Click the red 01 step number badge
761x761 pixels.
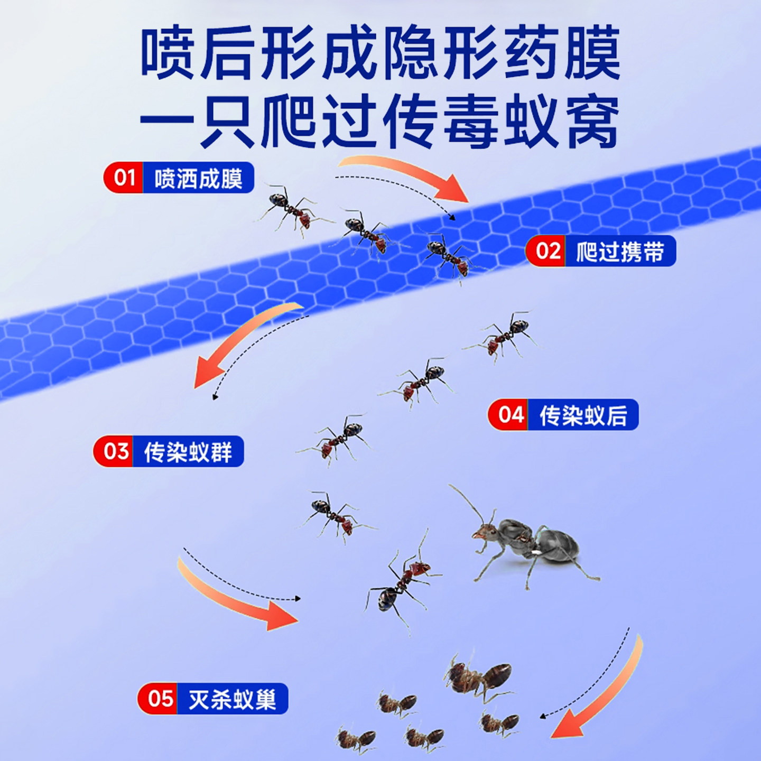pyautogui.click(x=124, y=178)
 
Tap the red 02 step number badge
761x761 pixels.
pyautogui.click(x=547, y=251)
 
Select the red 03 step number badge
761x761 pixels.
pyautogui.click(x=115, y=451)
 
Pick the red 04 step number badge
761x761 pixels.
pyautogui.click(x=509, y=415)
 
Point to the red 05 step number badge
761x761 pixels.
pyautogui.click(x=159, y=699)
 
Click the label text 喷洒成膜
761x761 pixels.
pyautogui.click(x=198, y=179)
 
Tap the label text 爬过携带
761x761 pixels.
pyautogui.click(x=620, y=252)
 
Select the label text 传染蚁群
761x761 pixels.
pyautogui.click(x=188, y=452)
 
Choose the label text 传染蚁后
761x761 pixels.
pyautogui.click(x=583, y=415)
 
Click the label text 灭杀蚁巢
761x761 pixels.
pyautogui.click(x=232, y=699)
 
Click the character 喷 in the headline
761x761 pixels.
pyautogui.click(x=169, y=53)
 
